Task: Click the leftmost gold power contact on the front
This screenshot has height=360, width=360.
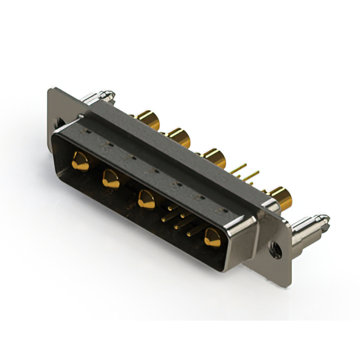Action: point(80,161)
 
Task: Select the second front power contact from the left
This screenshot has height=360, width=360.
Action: point(110,178)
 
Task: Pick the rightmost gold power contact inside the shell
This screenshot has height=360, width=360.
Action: point(213,236)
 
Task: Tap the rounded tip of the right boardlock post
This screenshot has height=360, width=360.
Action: point(324,218)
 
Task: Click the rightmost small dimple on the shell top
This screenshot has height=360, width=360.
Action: point(225,211)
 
